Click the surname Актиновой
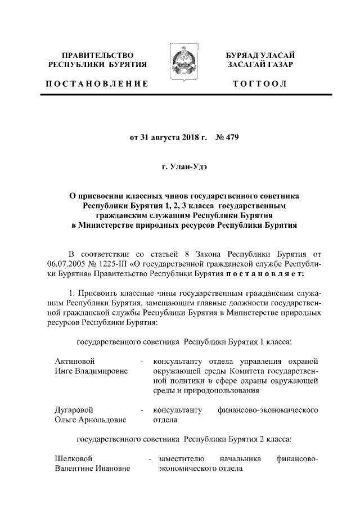click(74, 361)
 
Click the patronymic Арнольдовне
click(103, 420)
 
